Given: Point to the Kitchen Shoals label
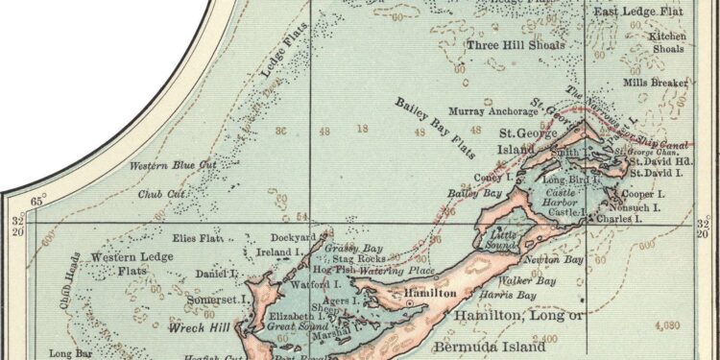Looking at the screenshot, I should click(668, 41).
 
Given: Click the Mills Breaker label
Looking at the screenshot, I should click(655, 83).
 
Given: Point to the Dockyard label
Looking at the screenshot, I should click(293, 237).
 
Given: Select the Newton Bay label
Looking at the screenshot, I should click(552, 260).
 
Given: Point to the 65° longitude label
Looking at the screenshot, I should click(39, 202).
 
